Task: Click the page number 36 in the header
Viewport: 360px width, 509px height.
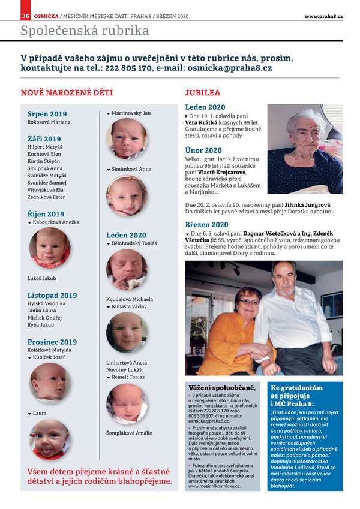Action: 26,15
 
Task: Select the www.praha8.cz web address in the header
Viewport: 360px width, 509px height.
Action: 323,15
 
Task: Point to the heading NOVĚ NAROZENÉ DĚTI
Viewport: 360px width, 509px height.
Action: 67,93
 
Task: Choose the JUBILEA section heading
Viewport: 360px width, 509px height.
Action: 202,93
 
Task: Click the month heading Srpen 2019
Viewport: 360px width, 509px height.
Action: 47,114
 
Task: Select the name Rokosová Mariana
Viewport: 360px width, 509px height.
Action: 49,122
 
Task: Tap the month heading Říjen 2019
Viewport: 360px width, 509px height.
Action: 46,214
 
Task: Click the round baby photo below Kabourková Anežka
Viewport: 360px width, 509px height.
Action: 49,247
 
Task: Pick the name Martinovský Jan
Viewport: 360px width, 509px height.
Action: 131,113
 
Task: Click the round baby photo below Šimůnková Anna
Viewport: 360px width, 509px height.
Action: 127,195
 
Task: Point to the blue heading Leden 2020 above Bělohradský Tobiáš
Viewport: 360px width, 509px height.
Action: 126,235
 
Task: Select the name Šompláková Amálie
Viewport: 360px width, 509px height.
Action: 129,433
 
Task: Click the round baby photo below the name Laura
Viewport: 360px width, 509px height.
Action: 49,439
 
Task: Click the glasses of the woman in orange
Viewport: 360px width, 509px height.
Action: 249,302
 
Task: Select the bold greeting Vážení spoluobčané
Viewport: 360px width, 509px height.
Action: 222,388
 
